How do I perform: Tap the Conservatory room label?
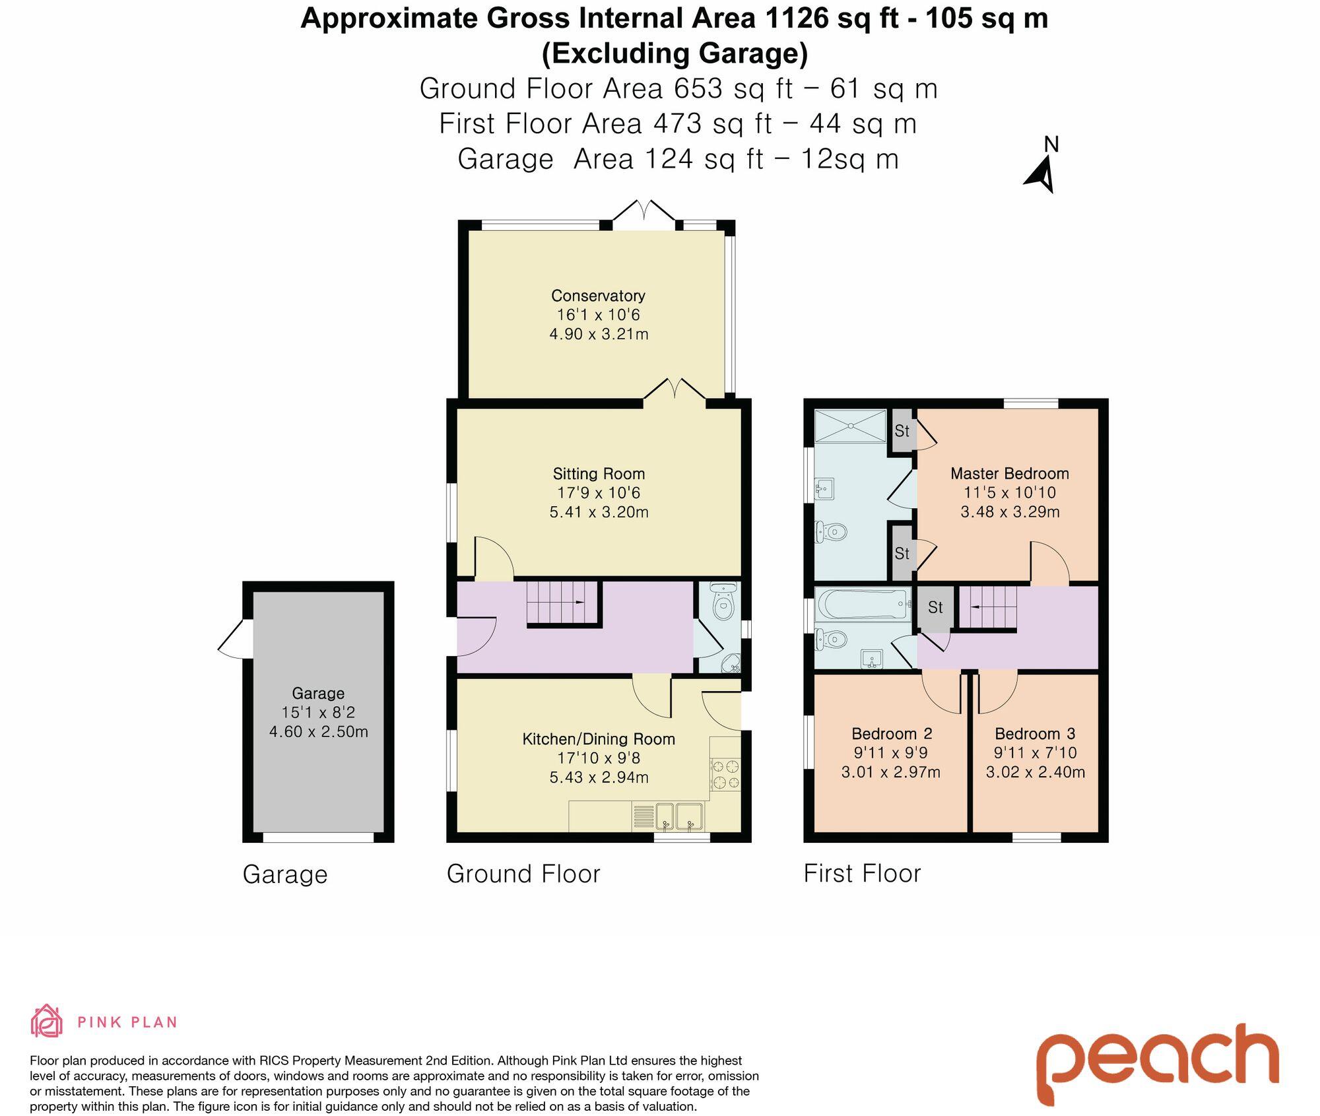click(598, 296)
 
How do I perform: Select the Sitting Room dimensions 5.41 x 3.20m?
click(599, 511)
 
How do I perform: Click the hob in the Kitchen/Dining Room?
click(725, 775)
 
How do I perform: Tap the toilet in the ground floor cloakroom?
click(724, 603)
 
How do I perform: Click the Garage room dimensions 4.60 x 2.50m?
click(318, 731)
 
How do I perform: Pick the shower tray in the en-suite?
click(849, 426)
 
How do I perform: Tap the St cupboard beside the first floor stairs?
click(935, 607)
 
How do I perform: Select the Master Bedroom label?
click(1009, 473)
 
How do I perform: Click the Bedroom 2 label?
click(891, 733)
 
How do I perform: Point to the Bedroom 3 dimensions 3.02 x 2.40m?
click(1035, 771)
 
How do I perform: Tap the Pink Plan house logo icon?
click(47, 1021)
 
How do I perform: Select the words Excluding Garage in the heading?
click(674, 53)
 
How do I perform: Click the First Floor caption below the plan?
click(861, 873)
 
